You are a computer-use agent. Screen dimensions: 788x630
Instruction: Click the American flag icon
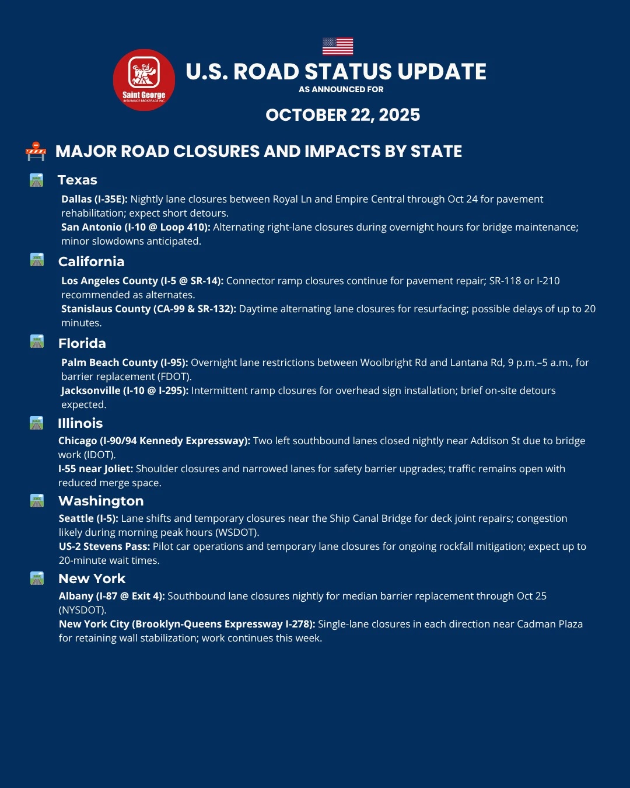click(338, 46)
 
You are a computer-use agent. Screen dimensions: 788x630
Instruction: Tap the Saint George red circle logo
click(144, 80)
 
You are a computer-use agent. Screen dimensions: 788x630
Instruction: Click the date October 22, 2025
click(343, 115)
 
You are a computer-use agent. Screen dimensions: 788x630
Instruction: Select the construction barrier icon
click(36, 151)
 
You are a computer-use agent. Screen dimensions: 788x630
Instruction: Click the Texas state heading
click(78, 180)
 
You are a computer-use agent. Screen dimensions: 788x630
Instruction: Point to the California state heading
click(92, 261)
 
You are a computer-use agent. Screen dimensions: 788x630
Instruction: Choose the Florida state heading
click(82, 343)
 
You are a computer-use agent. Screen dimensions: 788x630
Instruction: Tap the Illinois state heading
click(80, 423)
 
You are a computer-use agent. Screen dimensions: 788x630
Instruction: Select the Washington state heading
click(101, 501)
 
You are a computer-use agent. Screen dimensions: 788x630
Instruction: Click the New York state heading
click(92, 578)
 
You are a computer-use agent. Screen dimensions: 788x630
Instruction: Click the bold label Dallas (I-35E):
click(94, 199)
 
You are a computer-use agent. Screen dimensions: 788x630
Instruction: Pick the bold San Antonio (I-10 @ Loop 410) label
click(136, 227)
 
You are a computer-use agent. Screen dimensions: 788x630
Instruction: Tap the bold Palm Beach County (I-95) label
click(125, 362)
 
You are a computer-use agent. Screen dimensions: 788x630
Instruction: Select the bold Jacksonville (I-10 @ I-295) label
click(125, 390)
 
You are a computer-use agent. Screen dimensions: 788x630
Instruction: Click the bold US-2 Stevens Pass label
click(104, 546)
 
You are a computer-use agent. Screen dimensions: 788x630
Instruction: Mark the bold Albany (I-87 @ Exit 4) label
click(112, 596)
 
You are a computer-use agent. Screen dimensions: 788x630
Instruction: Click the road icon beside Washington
click(37, 501)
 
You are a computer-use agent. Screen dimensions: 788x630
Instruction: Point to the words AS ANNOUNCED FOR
click(341, 89)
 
